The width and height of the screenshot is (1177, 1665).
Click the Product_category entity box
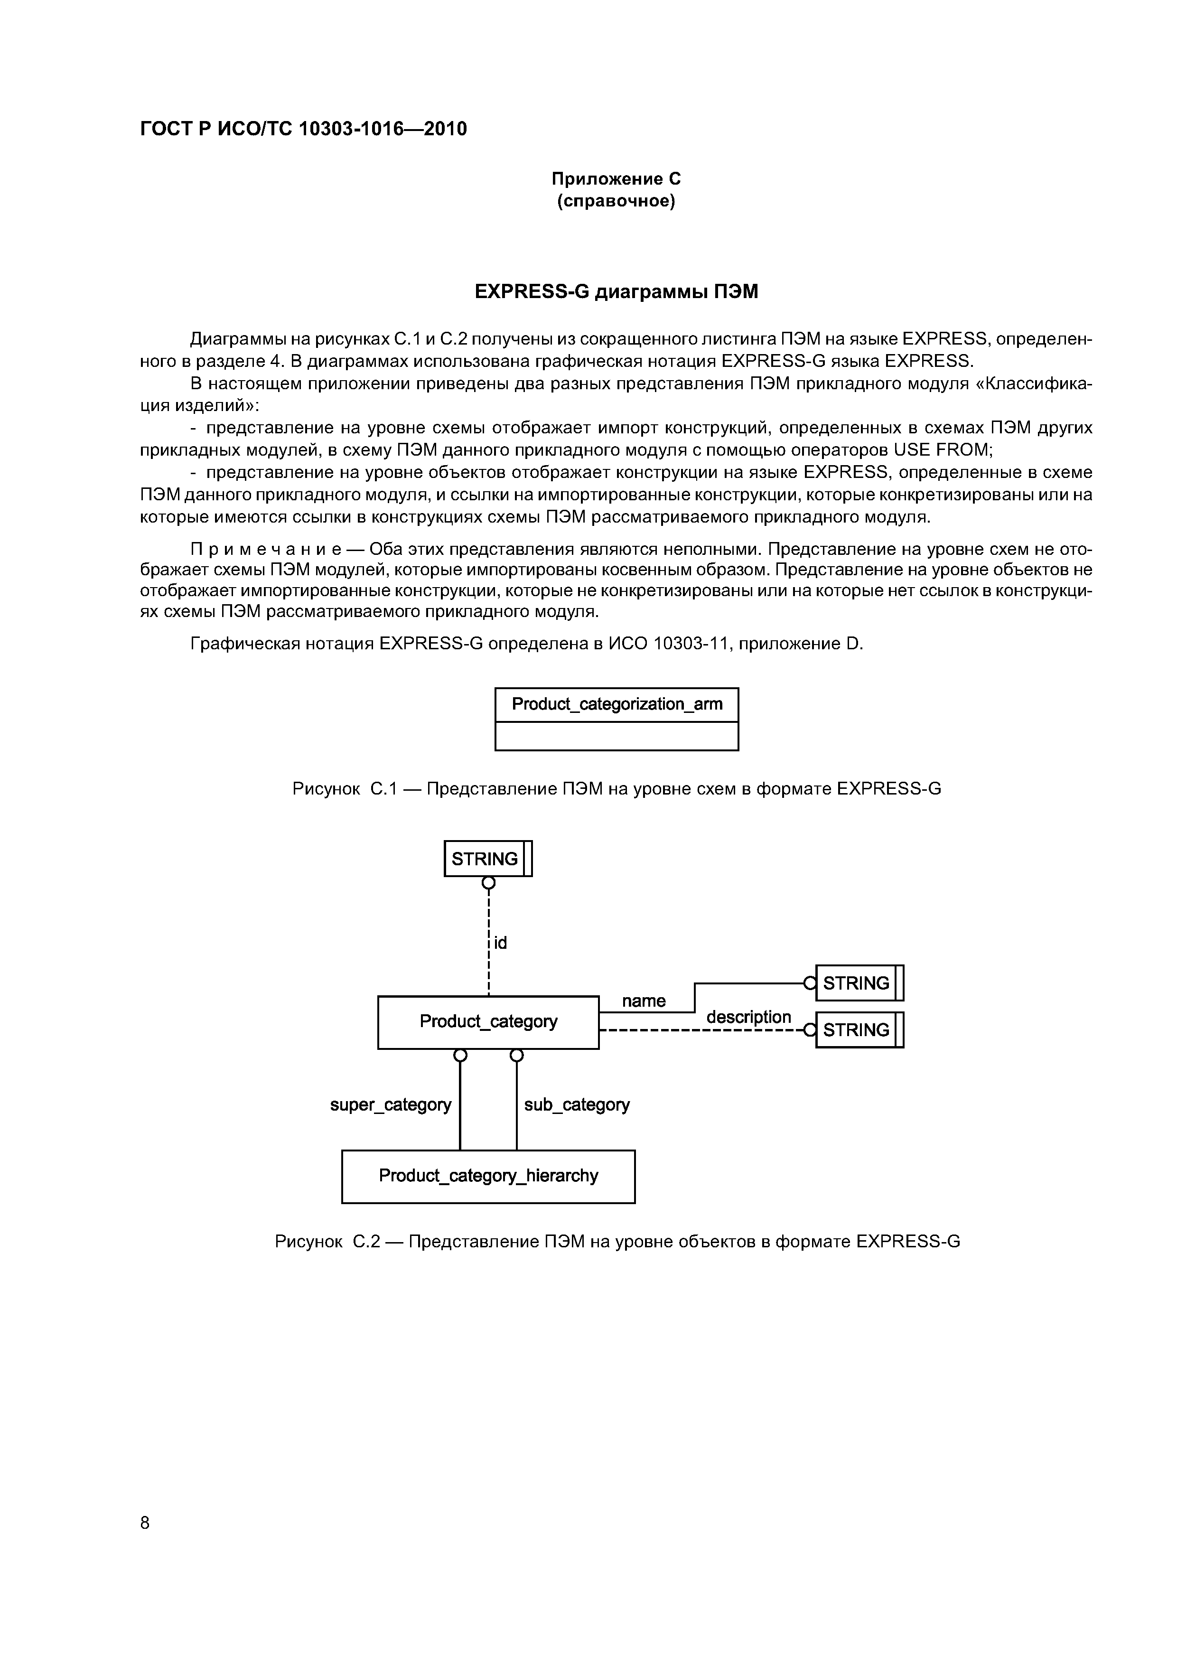[x=488, y=1022]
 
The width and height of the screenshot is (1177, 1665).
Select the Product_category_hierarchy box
[x=488, y=1176]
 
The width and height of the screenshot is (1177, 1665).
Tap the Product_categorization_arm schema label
[x=617, y=704]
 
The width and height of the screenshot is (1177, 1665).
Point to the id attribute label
[x=500, y=943]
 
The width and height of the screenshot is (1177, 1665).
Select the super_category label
[x=390, y=1104]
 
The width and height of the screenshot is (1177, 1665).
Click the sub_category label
[x=577, y=1104]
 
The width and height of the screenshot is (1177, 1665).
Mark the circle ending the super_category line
[x=460, y=1056]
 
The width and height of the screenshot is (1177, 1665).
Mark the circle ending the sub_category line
[x=516, y=1056]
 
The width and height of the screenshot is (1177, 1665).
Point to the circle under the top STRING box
[x=489, y=882]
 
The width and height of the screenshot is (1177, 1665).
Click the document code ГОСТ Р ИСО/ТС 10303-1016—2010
[x=303, y=129]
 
